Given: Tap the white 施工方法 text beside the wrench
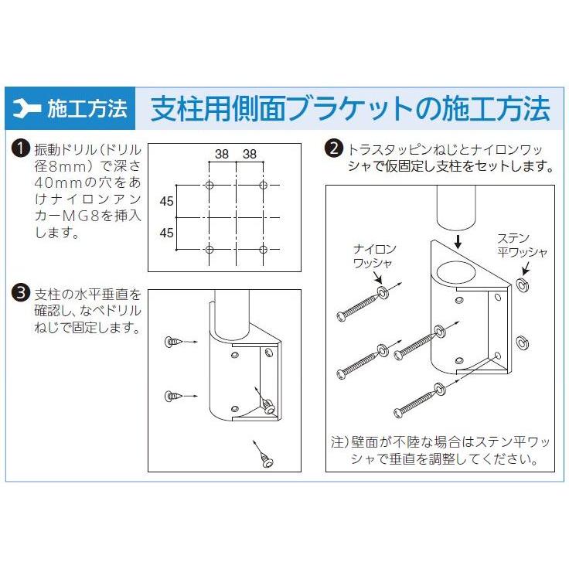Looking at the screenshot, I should point(87,109).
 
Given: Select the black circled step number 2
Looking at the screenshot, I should point(335,148).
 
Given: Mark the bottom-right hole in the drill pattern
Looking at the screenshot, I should point(264,249).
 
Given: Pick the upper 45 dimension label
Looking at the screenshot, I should point(166,203).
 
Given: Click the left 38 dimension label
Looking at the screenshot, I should point(222,154).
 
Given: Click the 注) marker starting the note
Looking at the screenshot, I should point(341,444).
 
